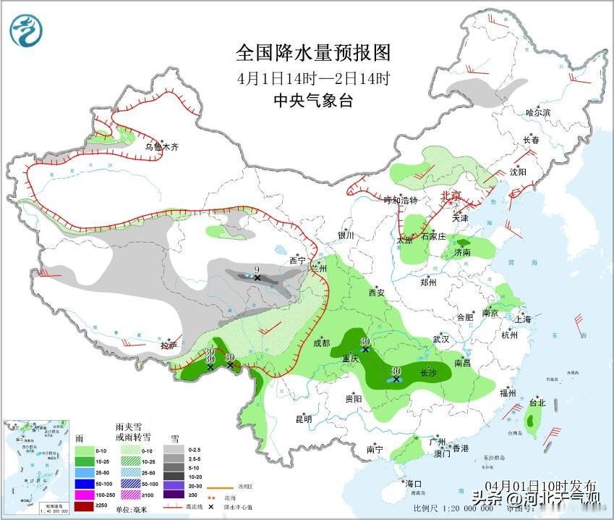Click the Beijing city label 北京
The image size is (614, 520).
click(x=451, y=196)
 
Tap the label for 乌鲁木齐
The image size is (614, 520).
click(x=161, y=147)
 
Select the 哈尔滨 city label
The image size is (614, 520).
click(x=538, y=113)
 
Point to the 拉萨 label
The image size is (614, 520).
click(x=169, y=345)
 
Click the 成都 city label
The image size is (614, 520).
click(x=322, y=343)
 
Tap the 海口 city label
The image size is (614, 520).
click(x=413, y=483)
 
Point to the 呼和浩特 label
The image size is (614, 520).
click(x=401, y=200)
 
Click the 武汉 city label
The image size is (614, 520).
click(x=440, y=339)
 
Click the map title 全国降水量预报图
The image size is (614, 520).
click(x=313, y=54)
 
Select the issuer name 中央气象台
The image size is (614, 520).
click(x=313, y=101)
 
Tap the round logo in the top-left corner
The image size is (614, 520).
click(x=26, y=30)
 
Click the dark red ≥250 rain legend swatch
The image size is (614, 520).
click(x=85, y=505)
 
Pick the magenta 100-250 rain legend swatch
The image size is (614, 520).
click(x=85, y=494)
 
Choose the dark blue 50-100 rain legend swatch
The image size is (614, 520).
click(x=85, y=482)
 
